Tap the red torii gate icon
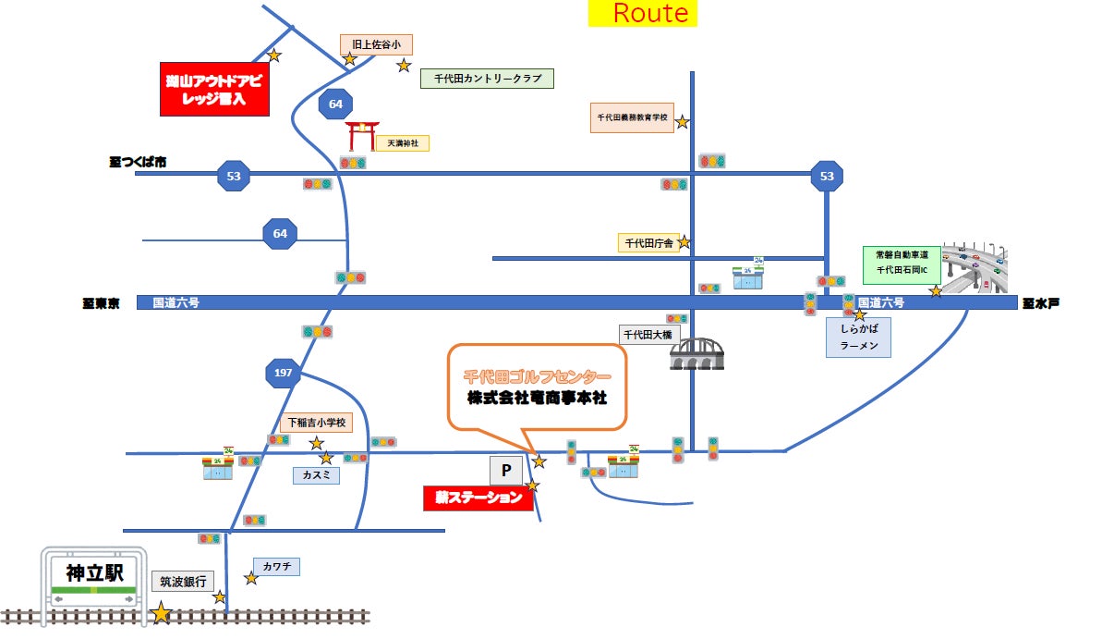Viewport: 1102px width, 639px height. click(361, 136)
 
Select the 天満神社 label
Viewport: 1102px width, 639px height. click(403, 143)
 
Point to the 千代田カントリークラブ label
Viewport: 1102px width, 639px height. click(487, 79)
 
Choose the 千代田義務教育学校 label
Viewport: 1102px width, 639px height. click(633, 117)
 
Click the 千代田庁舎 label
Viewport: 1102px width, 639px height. click(648, 243)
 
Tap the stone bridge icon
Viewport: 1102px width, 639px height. click(697, 352)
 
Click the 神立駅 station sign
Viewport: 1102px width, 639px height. click(92, 573)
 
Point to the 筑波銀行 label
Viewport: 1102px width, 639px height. click(183, 582)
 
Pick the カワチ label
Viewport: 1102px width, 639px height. click(276, 566)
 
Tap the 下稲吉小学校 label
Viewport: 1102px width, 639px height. click(316, 424)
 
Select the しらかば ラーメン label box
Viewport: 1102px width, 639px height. click(858, 337)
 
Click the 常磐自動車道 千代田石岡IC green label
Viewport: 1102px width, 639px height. click(901, 265)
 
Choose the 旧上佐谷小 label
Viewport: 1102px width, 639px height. click(376, 43)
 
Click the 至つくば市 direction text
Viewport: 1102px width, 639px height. click(138, 163)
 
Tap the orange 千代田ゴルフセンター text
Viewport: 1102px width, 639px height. click(537, 377)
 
